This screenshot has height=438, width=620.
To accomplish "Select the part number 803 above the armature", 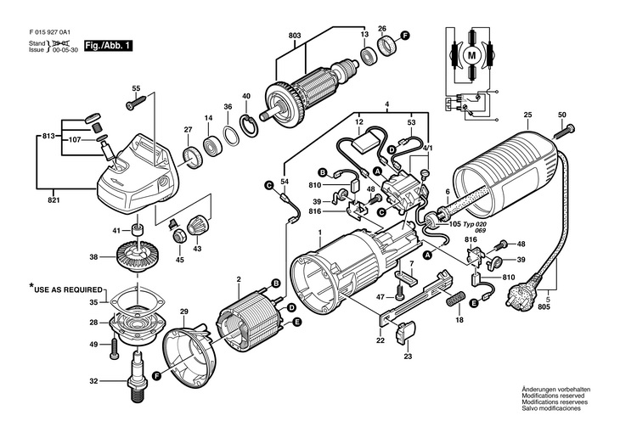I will click(295, 34).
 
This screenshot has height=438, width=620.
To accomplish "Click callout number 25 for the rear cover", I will click(527, 115).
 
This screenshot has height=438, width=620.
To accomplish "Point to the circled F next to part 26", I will click(405, 36).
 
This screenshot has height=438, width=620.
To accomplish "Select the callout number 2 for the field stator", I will click(240, 279).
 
